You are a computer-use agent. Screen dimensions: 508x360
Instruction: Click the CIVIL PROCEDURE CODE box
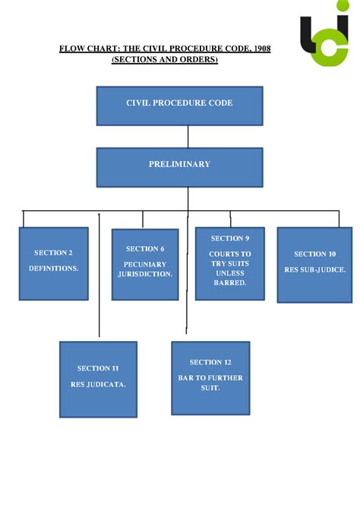(x=179, y=106)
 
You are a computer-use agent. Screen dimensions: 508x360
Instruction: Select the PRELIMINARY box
(x=179, y=167)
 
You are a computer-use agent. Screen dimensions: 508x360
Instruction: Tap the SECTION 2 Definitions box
(x=53, y=263)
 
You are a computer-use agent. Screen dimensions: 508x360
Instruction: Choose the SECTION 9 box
(x=230, y=263)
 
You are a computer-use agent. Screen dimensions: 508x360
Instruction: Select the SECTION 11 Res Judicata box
(x=98, y=379)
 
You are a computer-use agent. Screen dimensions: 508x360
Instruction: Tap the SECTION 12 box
(x=210, y=377)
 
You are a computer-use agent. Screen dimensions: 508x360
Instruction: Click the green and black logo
(x=325, y=41)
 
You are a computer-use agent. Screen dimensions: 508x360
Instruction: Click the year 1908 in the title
(x=260, y=49)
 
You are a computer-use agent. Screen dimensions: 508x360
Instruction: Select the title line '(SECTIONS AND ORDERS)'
(x=165, y=60)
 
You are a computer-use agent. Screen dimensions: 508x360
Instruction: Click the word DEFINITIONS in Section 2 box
(x=53, y=269)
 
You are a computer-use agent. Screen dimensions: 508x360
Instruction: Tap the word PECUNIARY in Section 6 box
(x=145, y=264)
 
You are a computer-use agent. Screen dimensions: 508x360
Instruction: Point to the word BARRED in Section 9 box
(x=230, y=282)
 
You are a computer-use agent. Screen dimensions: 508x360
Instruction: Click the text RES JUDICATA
(x=98, y=384)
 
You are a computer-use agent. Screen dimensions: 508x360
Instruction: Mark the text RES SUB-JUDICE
(x=314, y=270)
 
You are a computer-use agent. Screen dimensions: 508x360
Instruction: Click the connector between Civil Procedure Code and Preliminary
(x=188, y=136)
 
